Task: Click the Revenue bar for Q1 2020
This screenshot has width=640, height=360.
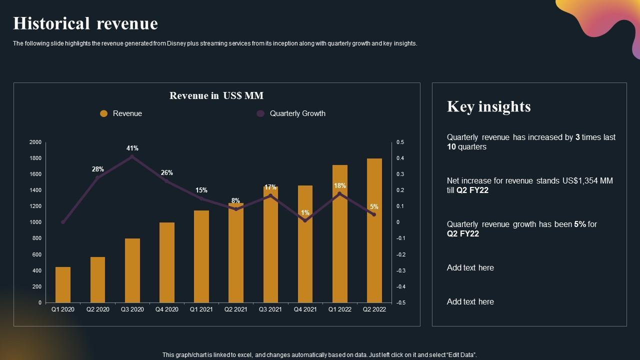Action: [63, 284]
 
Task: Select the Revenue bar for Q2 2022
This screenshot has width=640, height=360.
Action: [374, 230]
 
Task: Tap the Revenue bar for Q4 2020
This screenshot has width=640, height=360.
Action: [167, 262]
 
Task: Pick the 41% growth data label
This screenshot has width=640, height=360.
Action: [132, 148]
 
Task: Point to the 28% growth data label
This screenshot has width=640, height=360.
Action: [97, 169]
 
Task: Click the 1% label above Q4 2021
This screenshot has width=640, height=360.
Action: [305, 213]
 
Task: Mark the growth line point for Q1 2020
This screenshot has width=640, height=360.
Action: [63, 222]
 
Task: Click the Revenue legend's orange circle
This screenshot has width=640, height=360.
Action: [104, 113]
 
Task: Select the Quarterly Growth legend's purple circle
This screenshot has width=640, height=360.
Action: [260, 113]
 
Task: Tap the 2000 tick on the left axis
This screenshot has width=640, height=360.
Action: [35, 142]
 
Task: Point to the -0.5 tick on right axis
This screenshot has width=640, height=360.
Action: [400, 303]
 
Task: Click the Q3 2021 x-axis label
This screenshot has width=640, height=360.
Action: [270, 309]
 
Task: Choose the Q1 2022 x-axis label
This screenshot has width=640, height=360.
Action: [339, 309]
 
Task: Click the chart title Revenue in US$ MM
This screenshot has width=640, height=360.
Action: [216, 95]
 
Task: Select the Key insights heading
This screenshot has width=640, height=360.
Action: [488, 106]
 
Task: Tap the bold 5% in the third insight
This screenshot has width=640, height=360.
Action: [580, 224]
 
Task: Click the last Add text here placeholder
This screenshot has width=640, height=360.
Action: [470, 302]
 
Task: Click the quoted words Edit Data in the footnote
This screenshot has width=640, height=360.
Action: [459, 355]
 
